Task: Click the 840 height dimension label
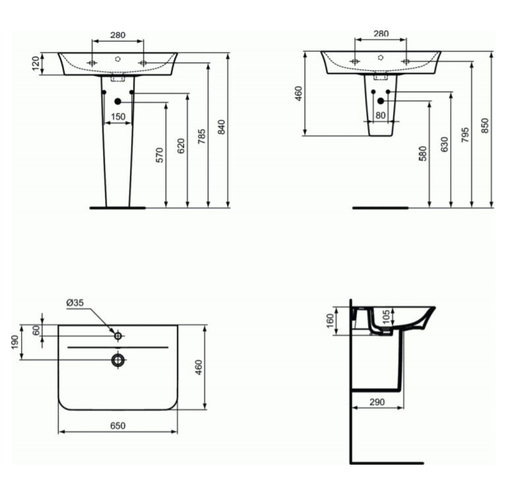(x=222, y=127)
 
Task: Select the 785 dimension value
(x=202, y=136)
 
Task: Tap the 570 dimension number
(x=160, y=155)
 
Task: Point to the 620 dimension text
(x=181, y=146)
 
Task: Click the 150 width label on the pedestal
(x=118, y=116)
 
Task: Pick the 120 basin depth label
(x=36, y=63)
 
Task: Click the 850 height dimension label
(x=485, y=125)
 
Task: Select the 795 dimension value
(x=464, y=135)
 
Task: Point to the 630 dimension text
(x=444, y=144)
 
